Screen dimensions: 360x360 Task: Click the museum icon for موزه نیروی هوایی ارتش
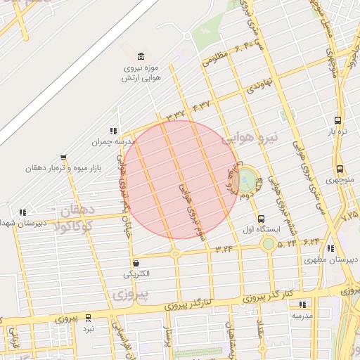click(x=142, y=56)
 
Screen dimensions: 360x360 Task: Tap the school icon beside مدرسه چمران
click(x=112, y=131)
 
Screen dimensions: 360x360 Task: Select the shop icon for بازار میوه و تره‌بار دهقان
click(x=64, y=157)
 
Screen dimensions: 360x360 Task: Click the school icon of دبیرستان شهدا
click(x=23, y=212)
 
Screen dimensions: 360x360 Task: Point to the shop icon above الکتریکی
click(x=136, y=263)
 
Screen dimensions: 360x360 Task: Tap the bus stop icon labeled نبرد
click(x=88, y=318)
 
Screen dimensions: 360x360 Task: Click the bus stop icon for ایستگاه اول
click(x=262, y=219)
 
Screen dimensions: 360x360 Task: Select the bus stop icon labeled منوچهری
click(x=340, y=169)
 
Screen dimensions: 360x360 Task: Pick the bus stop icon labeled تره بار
click(x=338, y=120)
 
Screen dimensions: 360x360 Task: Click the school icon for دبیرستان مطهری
click(x=330, y=248)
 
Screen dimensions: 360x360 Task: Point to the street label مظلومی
click(x=217, y=58)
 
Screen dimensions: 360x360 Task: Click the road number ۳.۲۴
click(x=224, y=248)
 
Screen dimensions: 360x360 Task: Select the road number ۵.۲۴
click(x=287, y=243)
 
